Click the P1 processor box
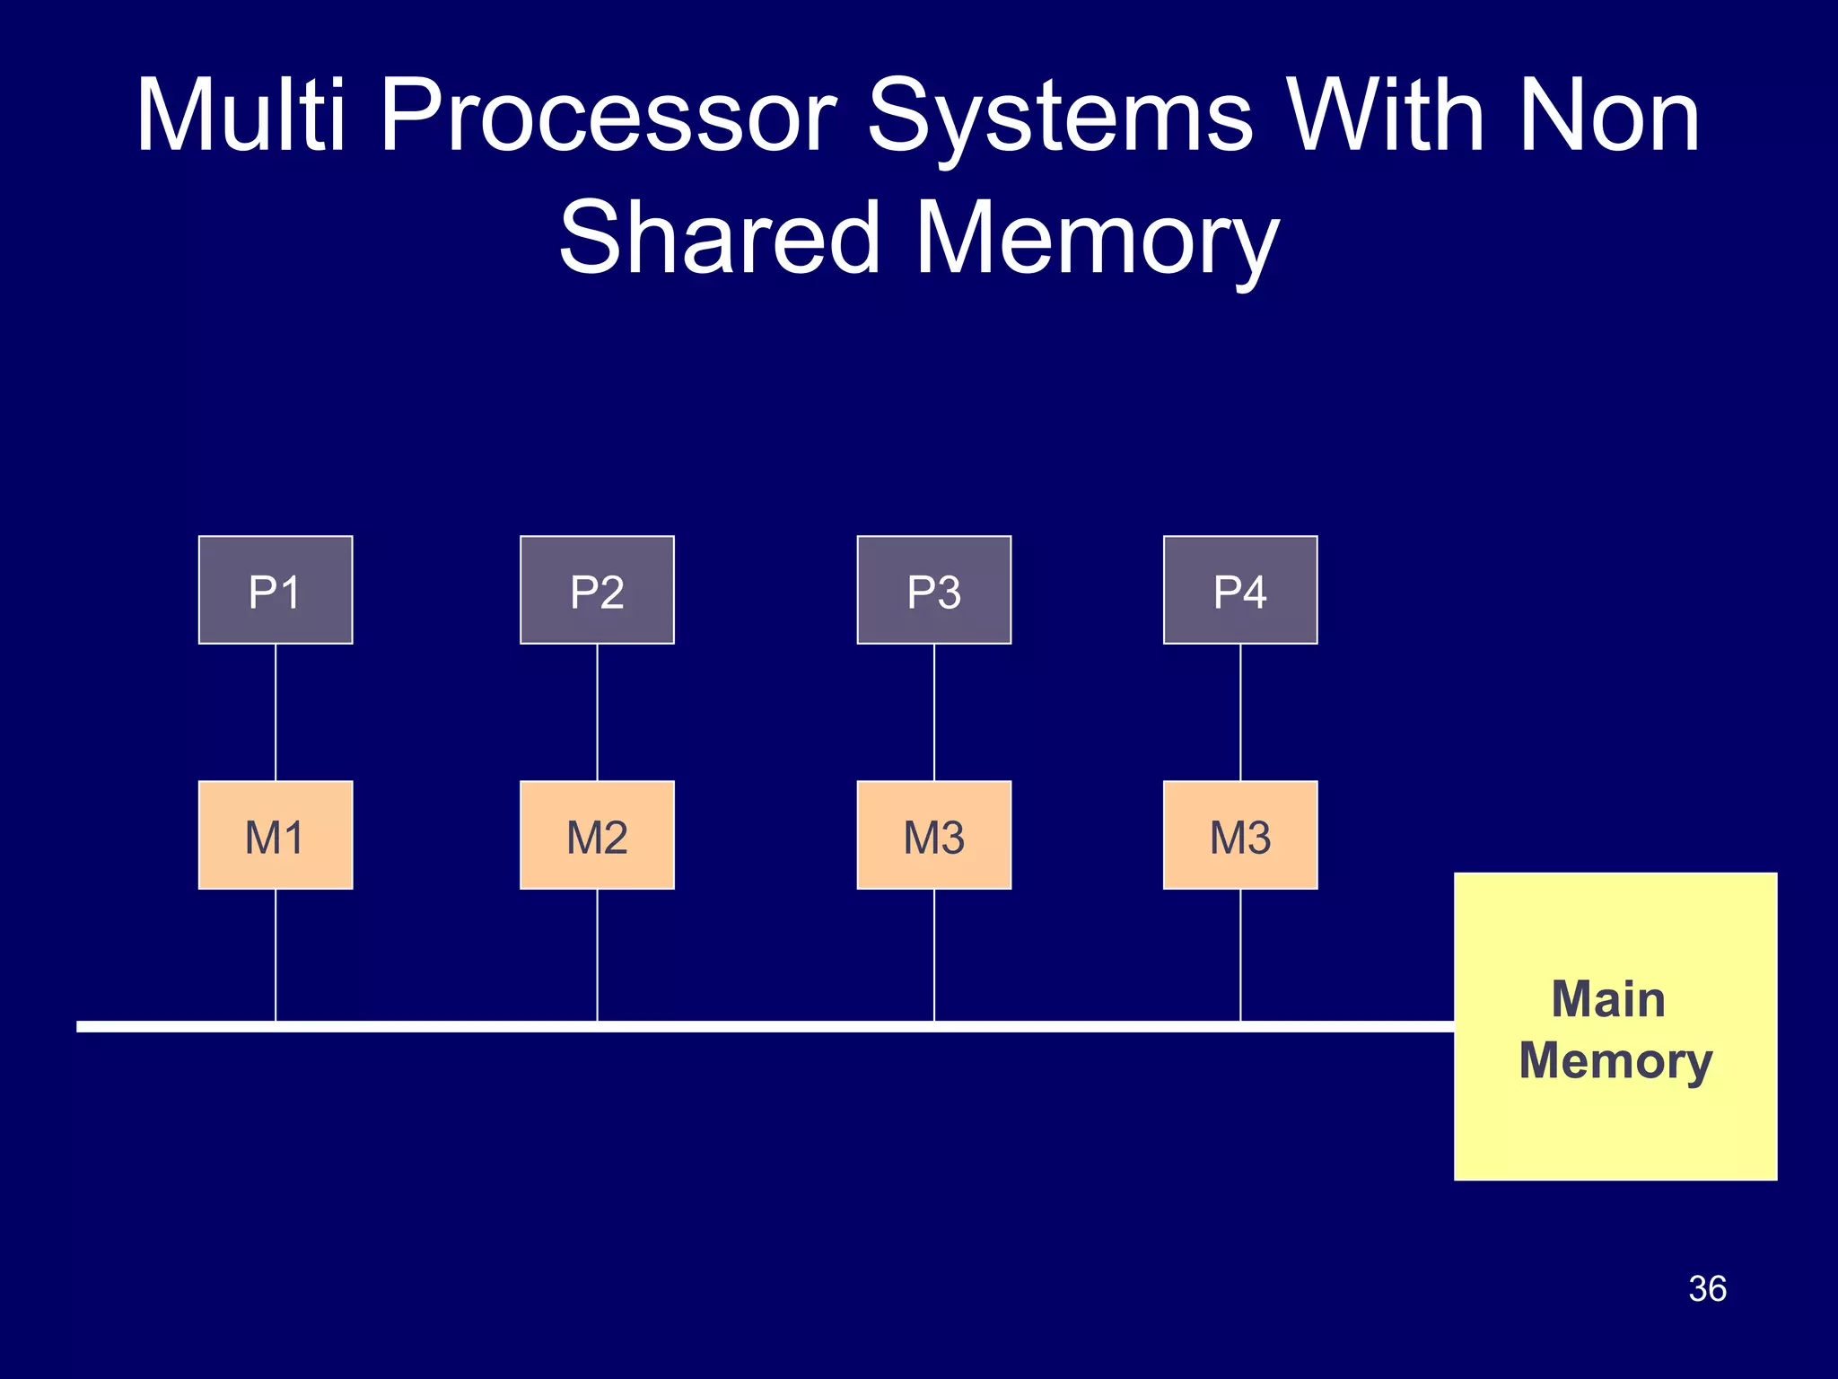click(276, 590)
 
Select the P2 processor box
click(597, 590)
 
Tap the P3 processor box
click(933, 590)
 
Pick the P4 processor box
click(1240, 590)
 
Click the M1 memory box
click(276, 835)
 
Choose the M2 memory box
click(597, 835)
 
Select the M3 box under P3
click(933, 835)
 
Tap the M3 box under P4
click(1240, 835)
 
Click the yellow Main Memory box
click(1615, 1026)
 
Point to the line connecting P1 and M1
click(276, 712)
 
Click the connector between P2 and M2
click(597, 712)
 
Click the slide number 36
click(1707, 1288)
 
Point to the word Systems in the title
click(1059, 117)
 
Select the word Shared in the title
click(718, 238)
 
